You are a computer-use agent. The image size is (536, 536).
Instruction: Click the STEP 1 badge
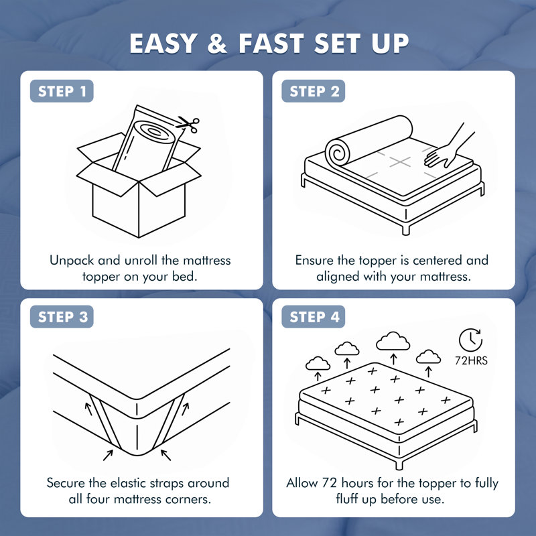pyautogui.click(x=62, y=91)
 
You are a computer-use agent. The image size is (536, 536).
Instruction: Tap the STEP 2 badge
pyautogui.click(x=314, y=91)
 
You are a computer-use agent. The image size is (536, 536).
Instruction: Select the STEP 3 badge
pyautogui.click(x=62, y=317)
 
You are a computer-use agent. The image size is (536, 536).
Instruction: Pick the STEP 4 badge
pyautogui.click(x=314, y=317)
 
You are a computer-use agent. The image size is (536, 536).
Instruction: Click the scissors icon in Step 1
pyautogui.click(x=188, y=125)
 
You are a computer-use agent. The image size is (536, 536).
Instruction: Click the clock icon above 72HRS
pyautogui.click(x=471, y=340)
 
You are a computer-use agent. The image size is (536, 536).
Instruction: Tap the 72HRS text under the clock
pyautogui.click(x=471, y=360)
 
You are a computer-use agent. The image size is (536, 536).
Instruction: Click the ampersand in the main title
pyautogui.click(x=217, y=44)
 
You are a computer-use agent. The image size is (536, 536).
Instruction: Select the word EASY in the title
pyautogui.click(x=163, y=44)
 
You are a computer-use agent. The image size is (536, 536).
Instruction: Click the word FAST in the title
pyautogui.click(x=271, y=44)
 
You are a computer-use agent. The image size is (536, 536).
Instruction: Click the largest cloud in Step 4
pyautogui.click(x=393, y=341)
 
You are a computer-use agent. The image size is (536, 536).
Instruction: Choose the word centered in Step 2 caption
pyautogui.click(x=438, y=261)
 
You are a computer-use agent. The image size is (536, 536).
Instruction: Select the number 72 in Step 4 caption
pyautogui.click(x=330, y=483)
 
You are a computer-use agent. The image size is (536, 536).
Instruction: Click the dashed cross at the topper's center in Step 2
pyautogui.click(x=400, y=161)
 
